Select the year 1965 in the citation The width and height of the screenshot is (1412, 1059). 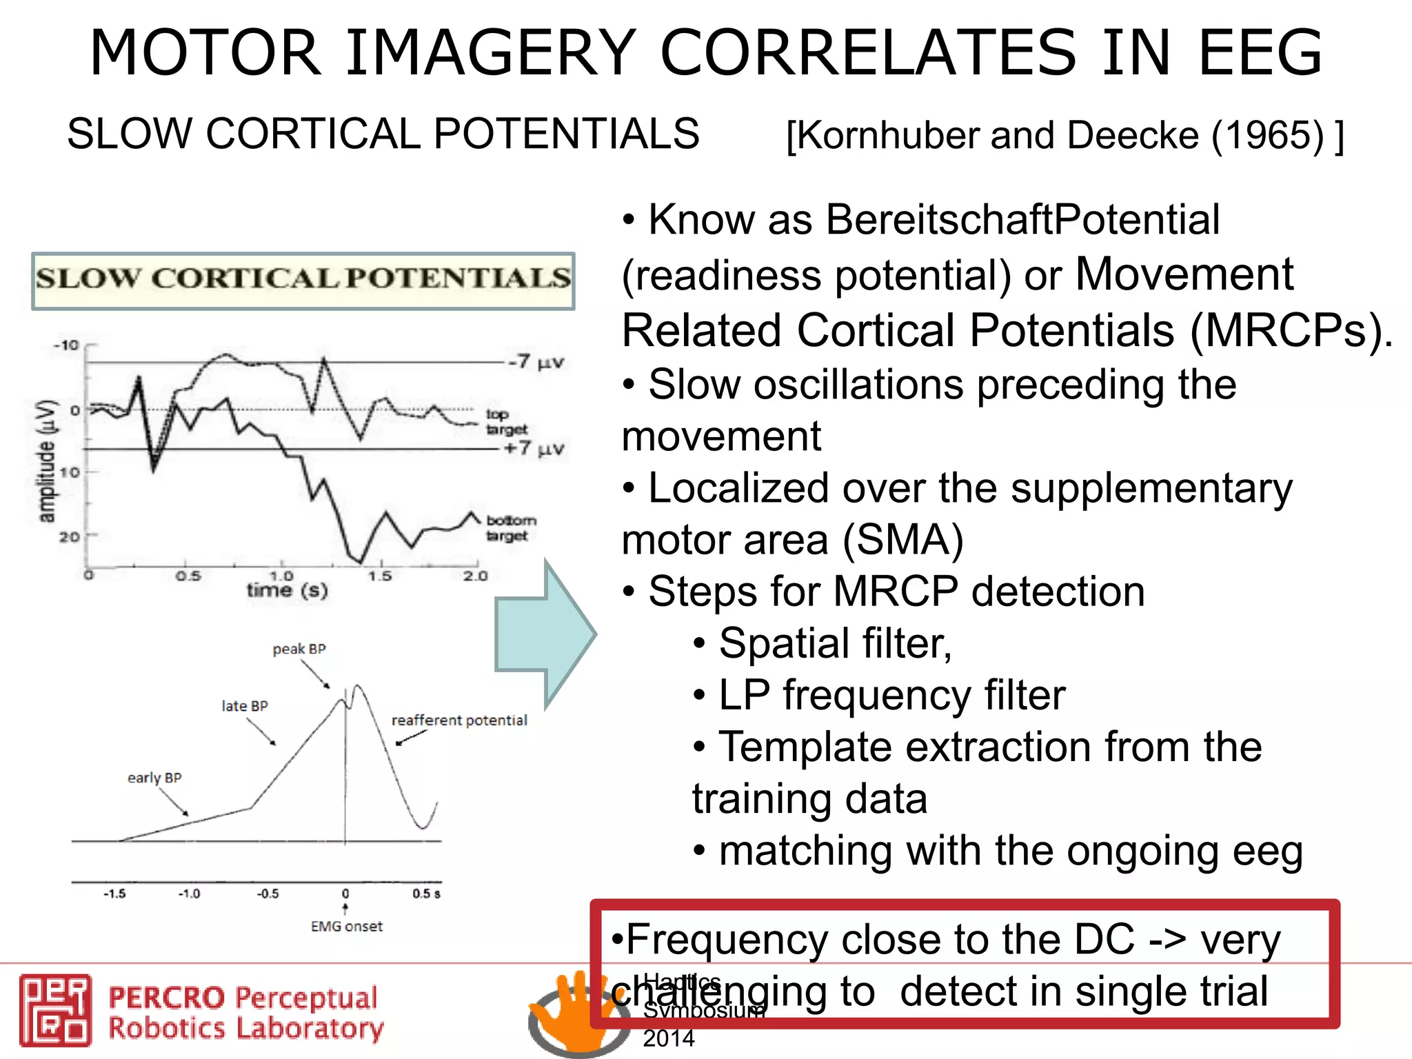click(x=1267, y=135)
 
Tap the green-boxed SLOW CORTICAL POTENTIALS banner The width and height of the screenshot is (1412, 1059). click(x=303, y=280)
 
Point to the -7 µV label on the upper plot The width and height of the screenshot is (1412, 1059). click(x=536, y=361)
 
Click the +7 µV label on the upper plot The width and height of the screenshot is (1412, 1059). click(x=534, y=449)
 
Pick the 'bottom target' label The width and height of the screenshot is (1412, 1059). click(x=510, y=527)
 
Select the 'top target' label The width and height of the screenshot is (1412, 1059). click(x=506, y=421)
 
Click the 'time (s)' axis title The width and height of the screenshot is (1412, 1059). click(x=287, y=590)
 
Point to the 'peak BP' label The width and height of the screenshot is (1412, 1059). click(x=299, y=649)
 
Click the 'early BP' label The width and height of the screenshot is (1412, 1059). click(x=154, y=778)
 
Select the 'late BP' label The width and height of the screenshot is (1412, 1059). click(x=244, y=706)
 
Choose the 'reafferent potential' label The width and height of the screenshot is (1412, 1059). click(x=459, y=720)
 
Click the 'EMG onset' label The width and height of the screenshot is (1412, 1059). click(x=346, y=927)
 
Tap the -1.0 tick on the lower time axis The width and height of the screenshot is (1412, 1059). click(x=189, y=894)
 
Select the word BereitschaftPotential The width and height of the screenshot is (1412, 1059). click(x=1022, y=220)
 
